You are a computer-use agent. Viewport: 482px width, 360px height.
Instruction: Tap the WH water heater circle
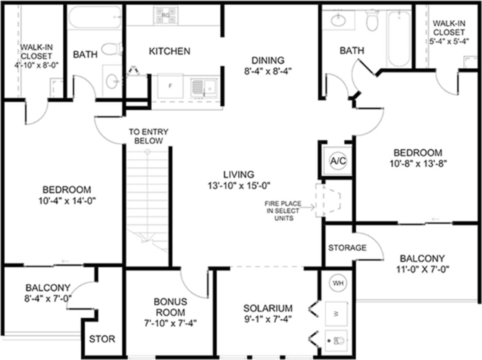pyautogui.click(x=338, y=283)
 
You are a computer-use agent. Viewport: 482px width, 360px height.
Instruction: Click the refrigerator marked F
pyautogui.click(x=170, y=85)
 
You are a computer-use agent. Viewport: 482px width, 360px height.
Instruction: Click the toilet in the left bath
pyautogui.click(x=111, y=49)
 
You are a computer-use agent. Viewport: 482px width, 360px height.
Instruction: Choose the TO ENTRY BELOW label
pyautogui.click(x=149, y=137)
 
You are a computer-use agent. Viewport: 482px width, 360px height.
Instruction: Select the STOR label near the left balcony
pyautogui.click(x=102, y=339)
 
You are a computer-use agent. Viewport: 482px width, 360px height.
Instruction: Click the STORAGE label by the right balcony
pyautogui.click(x=347, y=248)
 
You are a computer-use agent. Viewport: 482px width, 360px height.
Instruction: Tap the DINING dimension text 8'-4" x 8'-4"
pyautogui.click(x=268, y=71)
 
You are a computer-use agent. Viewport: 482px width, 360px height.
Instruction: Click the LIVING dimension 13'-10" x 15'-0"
pyautogui.click(x=238, y=185)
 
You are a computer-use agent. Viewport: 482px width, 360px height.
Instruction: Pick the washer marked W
pyautogui.click(x=336, y=313)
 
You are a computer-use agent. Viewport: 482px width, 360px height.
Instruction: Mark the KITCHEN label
pyautogui.click(x=170, y=51)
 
